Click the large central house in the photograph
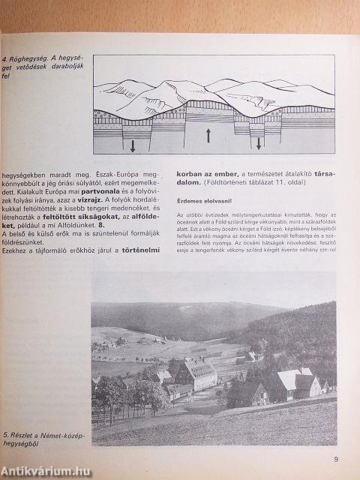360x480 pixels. pos(197,373)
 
